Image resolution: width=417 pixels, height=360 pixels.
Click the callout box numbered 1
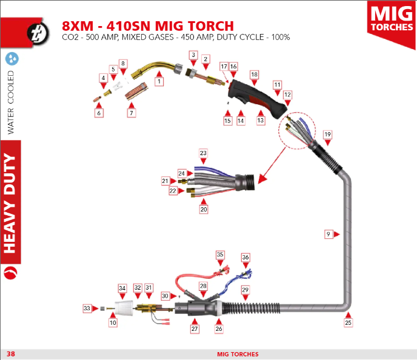click(159, 81)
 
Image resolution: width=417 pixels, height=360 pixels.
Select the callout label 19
click(328, 135)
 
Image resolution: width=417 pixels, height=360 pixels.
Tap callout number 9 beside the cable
click(329, 234)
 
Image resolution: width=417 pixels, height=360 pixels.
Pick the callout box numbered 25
click(348, 323)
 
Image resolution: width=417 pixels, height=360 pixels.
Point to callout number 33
click(87, 308)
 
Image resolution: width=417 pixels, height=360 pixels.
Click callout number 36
click(245, 257)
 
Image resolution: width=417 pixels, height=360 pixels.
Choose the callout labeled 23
click(203, 153)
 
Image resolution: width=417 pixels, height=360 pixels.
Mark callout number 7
click(132, 113)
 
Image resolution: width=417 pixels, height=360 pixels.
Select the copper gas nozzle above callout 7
click(136, 92)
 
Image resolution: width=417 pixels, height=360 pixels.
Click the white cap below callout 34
click(124, 308)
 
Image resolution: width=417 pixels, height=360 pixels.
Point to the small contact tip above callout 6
click(98, 99)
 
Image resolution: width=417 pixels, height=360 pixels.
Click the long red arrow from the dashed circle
click(272, 165)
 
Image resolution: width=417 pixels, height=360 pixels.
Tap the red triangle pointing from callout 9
click(337, 234)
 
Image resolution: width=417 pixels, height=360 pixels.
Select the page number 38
click(11, 354)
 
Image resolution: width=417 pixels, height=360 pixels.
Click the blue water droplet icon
click(12, 59)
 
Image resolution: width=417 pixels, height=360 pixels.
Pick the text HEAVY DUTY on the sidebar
click(10, 203)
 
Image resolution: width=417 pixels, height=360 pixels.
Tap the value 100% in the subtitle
click(280, 37)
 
